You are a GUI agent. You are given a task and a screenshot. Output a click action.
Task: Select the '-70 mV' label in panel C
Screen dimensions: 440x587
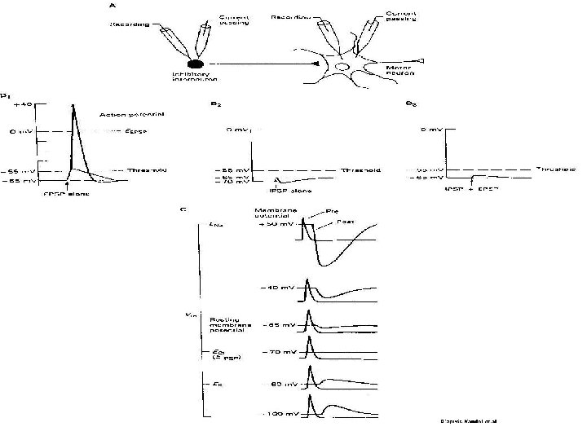pos(276,353)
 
